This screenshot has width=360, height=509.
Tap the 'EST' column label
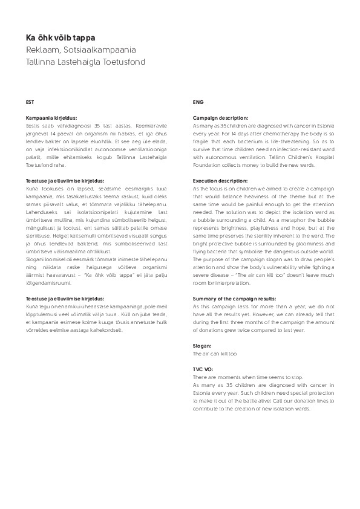[x=30, y=102]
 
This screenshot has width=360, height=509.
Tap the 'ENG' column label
[x=197, y=102]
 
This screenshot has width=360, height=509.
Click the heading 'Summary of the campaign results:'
[x=234, y=299]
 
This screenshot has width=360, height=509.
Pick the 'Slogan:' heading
[x=201, y=345]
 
